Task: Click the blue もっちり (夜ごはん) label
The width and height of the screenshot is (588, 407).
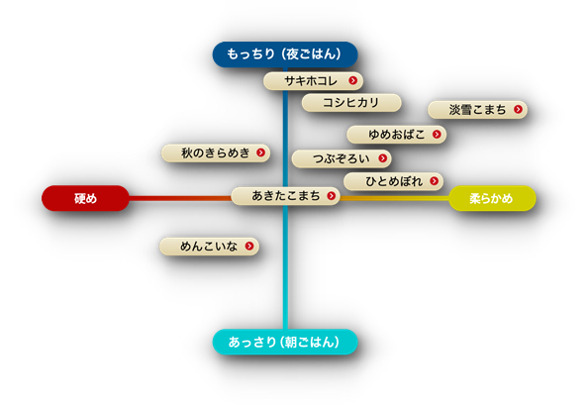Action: pos(285,54)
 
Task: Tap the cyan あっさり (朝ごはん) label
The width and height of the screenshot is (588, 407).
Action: pos(285,342)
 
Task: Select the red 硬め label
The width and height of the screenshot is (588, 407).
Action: pos(85,198)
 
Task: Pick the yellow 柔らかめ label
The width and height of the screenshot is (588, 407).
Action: pos(492,198)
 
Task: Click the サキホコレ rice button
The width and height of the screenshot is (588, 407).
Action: pos(313,81)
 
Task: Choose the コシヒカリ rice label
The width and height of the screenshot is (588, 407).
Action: pos(351,103)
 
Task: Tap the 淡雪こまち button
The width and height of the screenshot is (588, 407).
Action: pos(477,110)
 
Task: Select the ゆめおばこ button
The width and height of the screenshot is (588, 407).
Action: pos(396,135)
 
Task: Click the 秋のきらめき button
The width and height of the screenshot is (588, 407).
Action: pos(216,153)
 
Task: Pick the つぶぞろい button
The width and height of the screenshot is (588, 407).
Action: pos(342,158)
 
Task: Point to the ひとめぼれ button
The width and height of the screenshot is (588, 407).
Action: pos(393,181)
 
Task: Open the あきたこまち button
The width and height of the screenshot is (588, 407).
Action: pos(285,196)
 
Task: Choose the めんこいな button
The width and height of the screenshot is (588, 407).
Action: pos(209,247)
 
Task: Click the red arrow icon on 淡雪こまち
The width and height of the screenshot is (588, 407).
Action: pos(518,109)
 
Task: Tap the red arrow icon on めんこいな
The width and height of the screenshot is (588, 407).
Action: pos(249,246)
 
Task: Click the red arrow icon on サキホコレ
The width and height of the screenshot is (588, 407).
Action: pos(352,80)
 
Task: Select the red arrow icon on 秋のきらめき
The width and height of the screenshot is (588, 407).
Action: pos(260,153)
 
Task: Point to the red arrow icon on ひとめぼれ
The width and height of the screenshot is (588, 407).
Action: pos(435,181)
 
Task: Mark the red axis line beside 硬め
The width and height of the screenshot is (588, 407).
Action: pos(180,198)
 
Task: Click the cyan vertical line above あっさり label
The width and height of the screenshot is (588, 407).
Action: pos(285,267)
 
